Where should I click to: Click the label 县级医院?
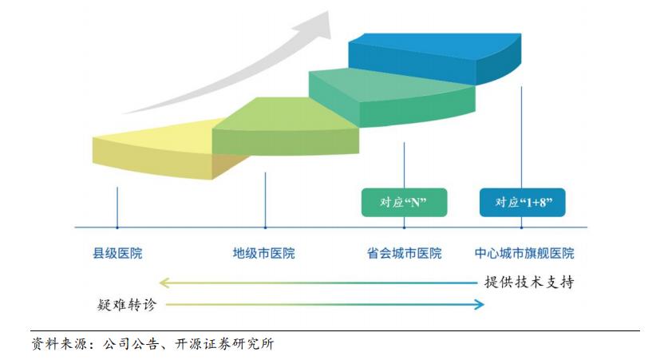coord(117,253)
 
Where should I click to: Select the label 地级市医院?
coord(263,253)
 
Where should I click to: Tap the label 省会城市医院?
coord(405,253)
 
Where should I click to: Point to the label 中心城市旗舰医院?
coord(524,253)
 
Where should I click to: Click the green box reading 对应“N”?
coord(405,203)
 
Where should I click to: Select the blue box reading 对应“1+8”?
coord(522,203)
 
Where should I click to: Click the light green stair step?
coord(285,126)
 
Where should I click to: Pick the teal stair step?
coord(392,98)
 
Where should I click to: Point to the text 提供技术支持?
coord(529,282)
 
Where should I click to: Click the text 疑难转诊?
coord(127,304)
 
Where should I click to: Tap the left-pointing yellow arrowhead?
coord(164,283)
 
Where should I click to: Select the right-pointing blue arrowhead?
coord(480,304)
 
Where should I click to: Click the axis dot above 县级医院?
coord(117,227)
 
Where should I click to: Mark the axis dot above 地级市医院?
coord(266,227)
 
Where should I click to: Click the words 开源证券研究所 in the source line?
coord(224,344)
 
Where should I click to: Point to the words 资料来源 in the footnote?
coord(59,344)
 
